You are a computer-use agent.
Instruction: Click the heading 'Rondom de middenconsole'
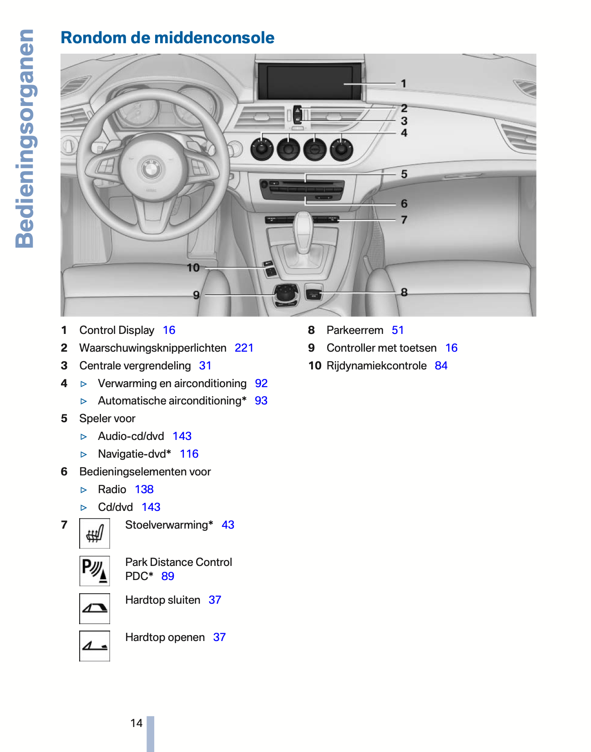(x=167, y=38)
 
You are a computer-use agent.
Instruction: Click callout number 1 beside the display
(x=404, y=84)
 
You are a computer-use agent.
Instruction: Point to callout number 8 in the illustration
(x=404, y=292)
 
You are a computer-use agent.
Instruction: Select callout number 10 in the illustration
(x=193, y=268)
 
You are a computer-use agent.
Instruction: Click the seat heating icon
(x=95, y=533)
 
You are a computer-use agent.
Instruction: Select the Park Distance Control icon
(x=95, y=570)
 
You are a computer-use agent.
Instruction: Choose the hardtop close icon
(x=95, y=608)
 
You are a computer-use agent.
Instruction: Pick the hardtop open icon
(x=95, y=646)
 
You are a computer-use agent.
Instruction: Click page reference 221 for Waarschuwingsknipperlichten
(x=244, y=348)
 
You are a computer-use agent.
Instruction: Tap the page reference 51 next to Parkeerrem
(x=398, y=330)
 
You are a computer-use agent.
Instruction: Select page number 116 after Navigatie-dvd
(x=189, y=454)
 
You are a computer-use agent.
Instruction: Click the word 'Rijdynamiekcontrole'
(x=377, y=366)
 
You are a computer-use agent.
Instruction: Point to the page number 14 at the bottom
(x=136, y=723)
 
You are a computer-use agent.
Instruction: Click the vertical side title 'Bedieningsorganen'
(x=25, y=139)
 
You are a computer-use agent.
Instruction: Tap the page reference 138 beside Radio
(x=144, y=490)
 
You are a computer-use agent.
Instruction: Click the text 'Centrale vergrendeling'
(x=135, y=366)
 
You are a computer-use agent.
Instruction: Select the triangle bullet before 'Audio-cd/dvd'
(x=84, y=437)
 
